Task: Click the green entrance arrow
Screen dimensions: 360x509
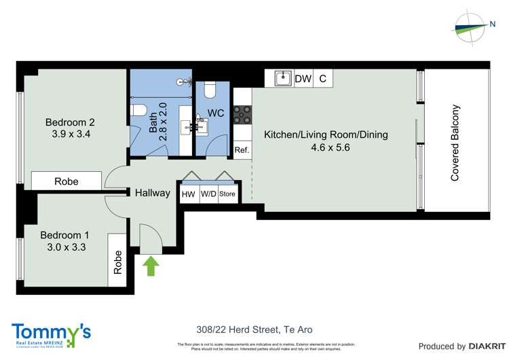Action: coord(150,265)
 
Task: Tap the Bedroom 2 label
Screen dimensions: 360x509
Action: coord(69,122)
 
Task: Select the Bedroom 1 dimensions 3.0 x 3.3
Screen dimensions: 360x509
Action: coord(64,247)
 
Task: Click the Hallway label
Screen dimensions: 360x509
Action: coord(152,193)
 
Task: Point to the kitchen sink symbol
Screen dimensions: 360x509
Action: coord(283,79)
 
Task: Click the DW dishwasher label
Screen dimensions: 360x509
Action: coord(303,79)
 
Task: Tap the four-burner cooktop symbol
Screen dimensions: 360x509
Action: coord(242,115)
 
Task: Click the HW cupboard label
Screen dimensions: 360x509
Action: coord(188,194)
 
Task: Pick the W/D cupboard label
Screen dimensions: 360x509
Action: coord(208,194)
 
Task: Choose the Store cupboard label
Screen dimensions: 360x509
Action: coord(227,194)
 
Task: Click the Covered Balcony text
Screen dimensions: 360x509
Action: coord(455,143)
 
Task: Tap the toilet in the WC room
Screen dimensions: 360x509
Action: coord(209,90)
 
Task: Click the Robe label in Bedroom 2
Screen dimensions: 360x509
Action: coord(67,181)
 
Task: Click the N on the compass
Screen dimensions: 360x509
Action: coord(492,24)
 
